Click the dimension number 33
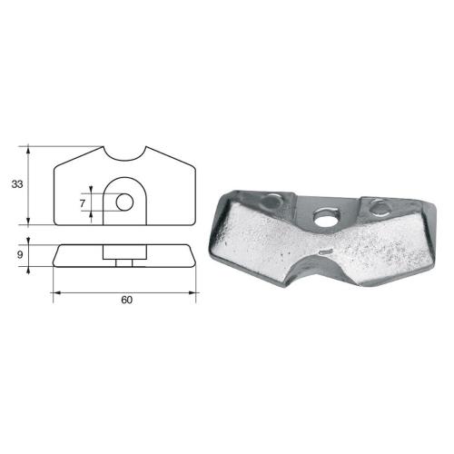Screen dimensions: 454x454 16,184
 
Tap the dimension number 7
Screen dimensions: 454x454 83,204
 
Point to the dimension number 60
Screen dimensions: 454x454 126,301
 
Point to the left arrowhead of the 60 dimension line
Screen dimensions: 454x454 55,292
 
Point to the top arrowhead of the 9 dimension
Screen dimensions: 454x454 31,241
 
